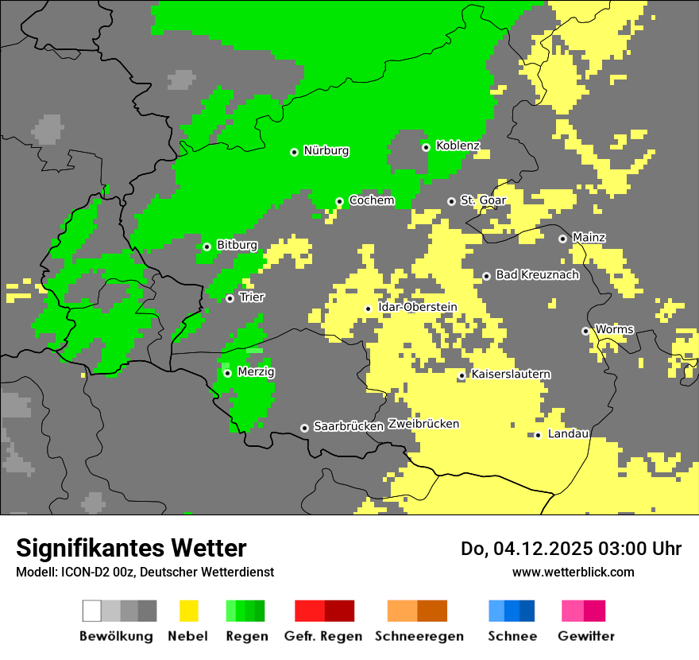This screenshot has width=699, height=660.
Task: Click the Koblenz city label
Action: coord(458,146)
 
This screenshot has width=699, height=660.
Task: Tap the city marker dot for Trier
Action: coord(230,298)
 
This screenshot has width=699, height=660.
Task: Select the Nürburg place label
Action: coord(326,150)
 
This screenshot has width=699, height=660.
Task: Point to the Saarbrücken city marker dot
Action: coord(304,428)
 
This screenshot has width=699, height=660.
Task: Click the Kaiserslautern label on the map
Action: coord(511,374)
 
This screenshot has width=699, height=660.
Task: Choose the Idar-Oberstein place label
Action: coord(417,307)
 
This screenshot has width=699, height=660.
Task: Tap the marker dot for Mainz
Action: coord(562,239)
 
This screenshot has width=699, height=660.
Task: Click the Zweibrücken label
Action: coord(423,424)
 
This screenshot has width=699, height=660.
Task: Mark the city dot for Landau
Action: coord(538,435)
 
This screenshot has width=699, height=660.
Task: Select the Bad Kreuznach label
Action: coord(537,275)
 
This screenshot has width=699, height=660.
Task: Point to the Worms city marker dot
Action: coord(585,331)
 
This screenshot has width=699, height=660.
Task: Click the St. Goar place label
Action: coord(483,200)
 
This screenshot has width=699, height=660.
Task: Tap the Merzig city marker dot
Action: coord(227,373)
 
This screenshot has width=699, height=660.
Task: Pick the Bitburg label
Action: coord(237,245)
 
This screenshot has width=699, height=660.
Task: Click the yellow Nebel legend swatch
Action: coord(188,611)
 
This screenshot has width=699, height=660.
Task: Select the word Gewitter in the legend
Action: coord(585,636)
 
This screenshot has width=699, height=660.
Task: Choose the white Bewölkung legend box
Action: coord(92,611)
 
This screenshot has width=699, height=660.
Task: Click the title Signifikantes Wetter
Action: coord(131,549)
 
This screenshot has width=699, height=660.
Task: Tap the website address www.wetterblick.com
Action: coord(573,572)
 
